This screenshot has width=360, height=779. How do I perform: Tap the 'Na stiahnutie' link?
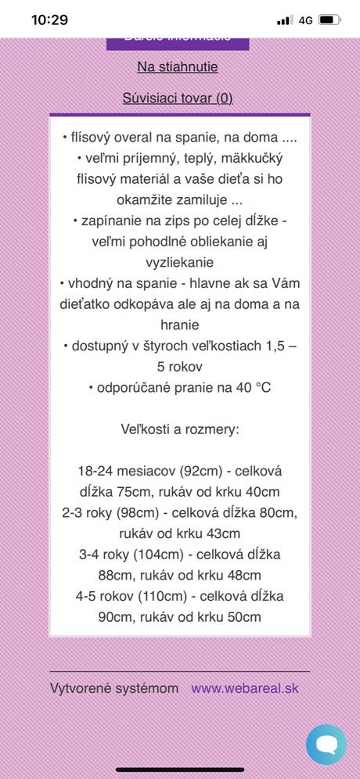coord(178,67)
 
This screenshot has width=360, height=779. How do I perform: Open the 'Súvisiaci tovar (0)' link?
coord(178,98)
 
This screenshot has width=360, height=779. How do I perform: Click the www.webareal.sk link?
coord(245,688)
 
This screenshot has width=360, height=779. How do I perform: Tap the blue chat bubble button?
coord(326,744)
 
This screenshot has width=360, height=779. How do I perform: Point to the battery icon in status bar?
coord(330,20)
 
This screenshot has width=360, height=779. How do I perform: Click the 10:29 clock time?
coord(49,20)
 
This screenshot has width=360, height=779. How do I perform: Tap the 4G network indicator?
coord(305,20)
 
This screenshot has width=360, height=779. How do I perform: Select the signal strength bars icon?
coord(284,20)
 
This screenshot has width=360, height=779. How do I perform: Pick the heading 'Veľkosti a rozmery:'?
coord(179,429)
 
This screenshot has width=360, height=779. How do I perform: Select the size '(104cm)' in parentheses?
coord(160,555)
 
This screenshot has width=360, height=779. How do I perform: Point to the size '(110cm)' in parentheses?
coord(162,596)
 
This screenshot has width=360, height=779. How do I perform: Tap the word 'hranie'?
coord(179,325)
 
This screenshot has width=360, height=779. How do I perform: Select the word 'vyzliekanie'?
coord(179,262)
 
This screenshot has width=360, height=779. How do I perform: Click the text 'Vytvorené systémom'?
coord(114,688)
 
